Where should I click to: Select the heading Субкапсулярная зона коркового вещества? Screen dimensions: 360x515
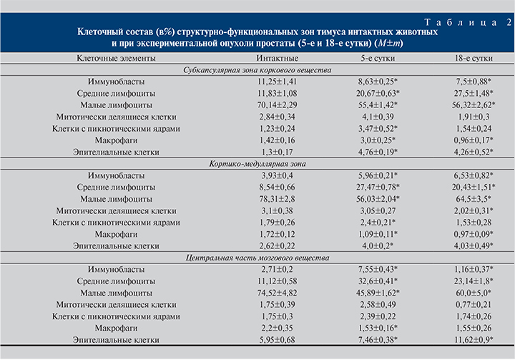pyautogui.click(x=257, y=69)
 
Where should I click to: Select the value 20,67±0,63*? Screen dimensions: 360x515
pyautogui.click(x=378, y=94)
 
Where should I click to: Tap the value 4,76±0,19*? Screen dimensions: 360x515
pyautogui.click(x=378, y=152)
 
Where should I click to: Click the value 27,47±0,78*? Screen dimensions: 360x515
pyautogui.click(x=378, y=188)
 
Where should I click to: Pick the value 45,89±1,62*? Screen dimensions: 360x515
pyautogui.click(x=378, y=293)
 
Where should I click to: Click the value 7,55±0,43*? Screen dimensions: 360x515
pyautogui.click(x=378, y=269)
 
